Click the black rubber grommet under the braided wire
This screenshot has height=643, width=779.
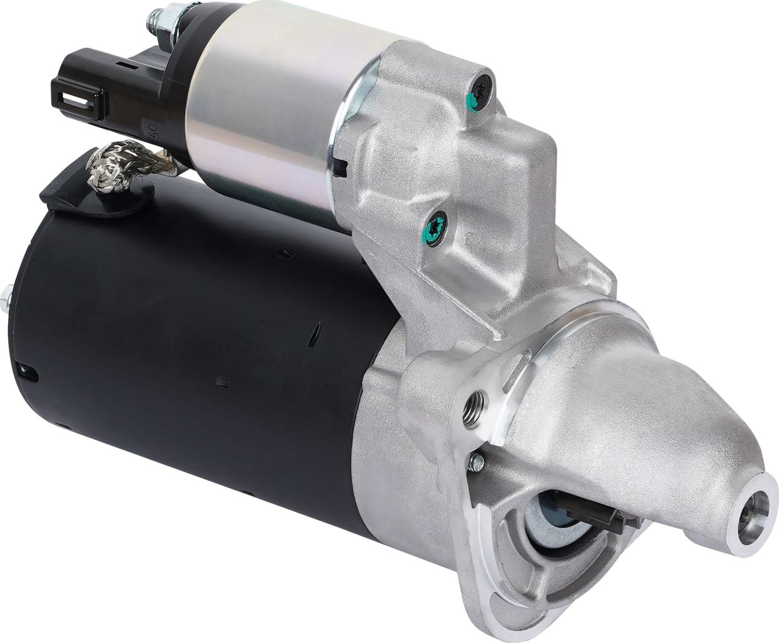(x=93, y=197)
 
